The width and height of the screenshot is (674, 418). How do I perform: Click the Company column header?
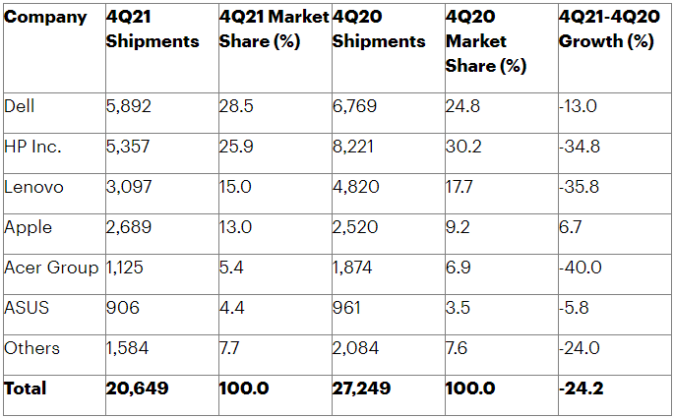click(x=45, y=18)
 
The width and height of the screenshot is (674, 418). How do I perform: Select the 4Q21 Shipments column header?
click(x=152, y=30)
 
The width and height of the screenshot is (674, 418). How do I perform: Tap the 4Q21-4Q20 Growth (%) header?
click(x=606, y=30)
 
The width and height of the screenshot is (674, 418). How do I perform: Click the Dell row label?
click(x=19, y=106)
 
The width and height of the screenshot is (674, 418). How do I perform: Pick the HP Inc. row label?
click(x=32, y=147)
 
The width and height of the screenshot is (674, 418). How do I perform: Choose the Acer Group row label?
click(x=51, y=268)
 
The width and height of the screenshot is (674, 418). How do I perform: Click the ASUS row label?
click(x=27, y=308)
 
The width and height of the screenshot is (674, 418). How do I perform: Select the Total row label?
click(x=26, y=388)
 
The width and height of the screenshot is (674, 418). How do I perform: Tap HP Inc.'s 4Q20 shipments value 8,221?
click(x=354, y=147)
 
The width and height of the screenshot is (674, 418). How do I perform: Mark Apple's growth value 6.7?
click(x=572, y=227)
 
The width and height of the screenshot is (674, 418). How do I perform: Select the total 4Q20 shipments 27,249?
click(x=363, y=388)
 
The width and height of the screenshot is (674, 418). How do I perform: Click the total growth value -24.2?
click(x=582, y=388)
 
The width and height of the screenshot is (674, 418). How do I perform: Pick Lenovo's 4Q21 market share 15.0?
click(x=236, y=187)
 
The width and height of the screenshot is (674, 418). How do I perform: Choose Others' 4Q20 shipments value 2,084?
click(x=355, y=348)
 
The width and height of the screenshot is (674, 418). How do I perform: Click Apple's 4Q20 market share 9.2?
click(x=460, y=227)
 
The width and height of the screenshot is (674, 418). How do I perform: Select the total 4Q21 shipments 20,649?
click(x=137, y=388)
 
